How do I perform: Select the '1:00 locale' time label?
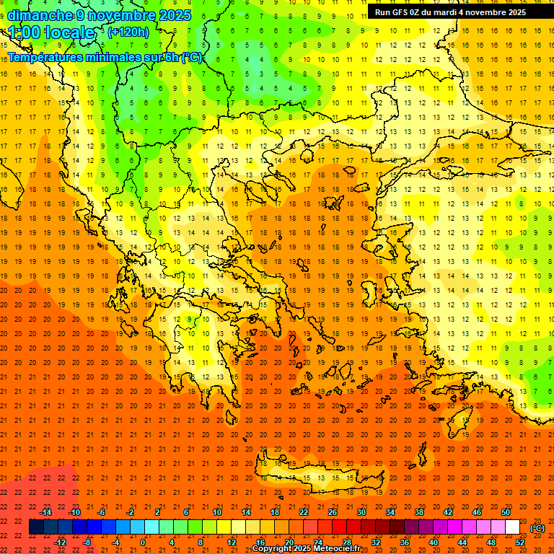(x=51, y=32)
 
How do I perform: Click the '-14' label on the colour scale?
(x=45, y=512)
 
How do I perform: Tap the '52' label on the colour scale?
(x=520, y=542)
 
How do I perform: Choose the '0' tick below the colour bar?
(x=143, y=542)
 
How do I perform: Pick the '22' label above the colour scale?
(x=304, y=512)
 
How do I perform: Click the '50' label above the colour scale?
(x=506, y=512)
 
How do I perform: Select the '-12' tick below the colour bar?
(x=61, y=542)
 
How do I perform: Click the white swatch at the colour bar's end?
(x=512, y=527)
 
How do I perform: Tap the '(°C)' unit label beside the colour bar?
(x=537, y=528)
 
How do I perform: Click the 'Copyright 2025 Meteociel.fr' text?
(x=306, y=549)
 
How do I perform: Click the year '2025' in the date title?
(x=173, y=15)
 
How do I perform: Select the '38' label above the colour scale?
(x=419, y=512)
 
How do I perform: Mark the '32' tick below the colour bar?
(x=376, y=542)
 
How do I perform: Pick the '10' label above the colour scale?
(x=216, y=512)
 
